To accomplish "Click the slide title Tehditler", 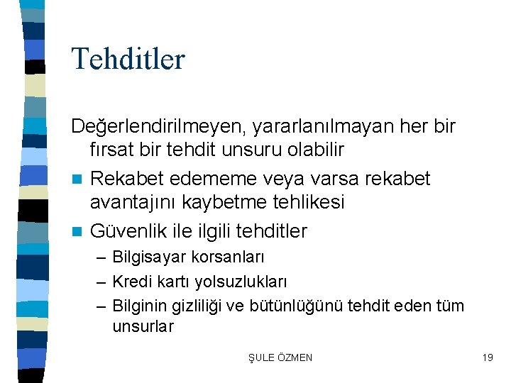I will pyautogui.click(x=128, y=58).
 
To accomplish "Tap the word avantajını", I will pyautogui.click(x=133, y=202).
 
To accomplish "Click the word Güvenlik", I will pyautogui.click(x=127, y=231).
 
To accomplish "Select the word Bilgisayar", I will pyautogui.click(x=147, y=257).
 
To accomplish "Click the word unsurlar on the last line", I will pyautogui.click(x=143, y=327).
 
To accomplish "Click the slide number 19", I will pyautogui.click(x=487, y=357).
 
